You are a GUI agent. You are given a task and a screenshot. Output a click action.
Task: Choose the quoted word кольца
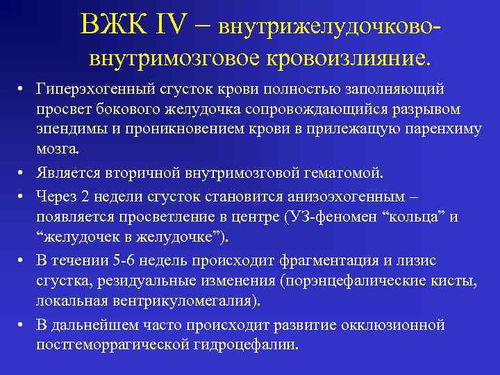415,217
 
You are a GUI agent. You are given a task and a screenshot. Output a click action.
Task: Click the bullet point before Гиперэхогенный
22,90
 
